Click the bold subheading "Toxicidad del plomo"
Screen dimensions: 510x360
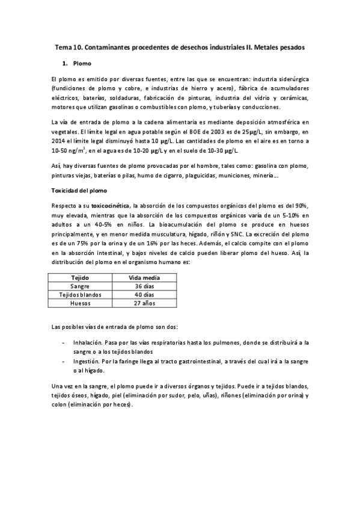click(79, 191)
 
